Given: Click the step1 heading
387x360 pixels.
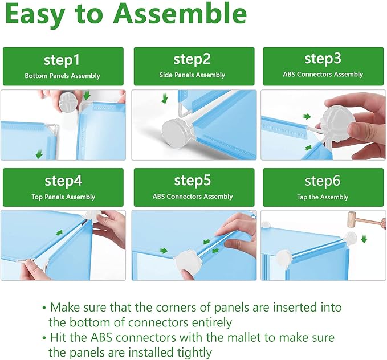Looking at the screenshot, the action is click(62, 60).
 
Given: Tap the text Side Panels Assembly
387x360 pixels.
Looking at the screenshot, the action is click(192, 75).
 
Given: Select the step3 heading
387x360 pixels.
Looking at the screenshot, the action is click(323, 59).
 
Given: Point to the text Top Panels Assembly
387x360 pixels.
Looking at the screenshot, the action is click(63, 197).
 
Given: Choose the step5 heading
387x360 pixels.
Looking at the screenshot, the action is click(193, 181).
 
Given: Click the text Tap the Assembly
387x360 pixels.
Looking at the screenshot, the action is click(323, 197).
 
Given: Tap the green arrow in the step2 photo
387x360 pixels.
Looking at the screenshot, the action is click(164, 98).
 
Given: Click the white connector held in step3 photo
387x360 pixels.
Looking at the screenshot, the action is click(337, 124).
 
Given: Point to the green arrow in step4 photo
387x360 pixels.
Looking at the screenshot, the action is click(59, 232).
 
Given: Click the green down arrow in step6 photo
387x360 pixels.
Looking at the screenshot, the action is click(364, 239).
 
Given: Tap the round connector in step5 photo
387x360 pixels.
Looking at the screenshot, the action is click(188, 263).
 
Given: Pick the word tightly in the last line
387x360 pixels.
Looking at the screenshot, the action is click(194, 353).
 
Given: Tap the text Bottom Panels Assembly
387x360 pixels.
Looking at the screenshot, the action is click(62, 76).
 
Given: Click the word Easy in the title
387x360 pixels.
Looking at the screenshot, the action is click(35, 14).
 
